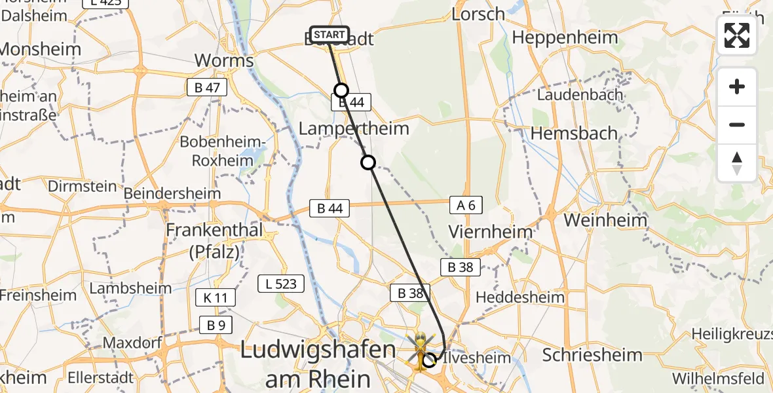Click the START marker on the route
(330, 35)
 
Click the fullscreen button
(737, 35)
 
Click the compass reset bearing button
(737, 163)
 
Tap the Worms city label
(224, 61)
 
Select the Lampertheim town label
(354, 128)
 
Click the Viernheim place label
(491, 231)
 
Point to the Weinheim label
(605, 220)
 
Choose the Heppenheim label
(565, 37)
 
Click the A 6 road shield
(466, 206)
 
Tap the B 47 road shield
(207, 88)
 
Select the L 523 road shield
(281, 284)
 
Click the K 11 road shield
(215, 298)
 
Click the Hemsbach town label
(574, 133)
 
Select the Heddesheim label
(519, 297)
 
